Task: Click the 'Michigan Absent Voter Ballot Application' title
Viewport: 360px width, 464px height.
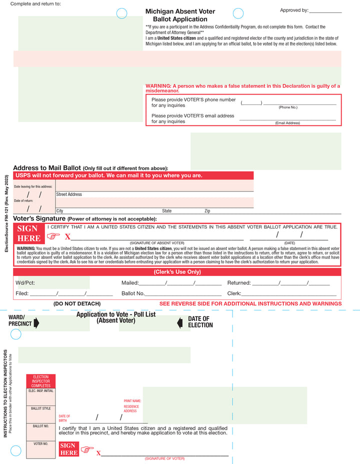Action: [180, 15]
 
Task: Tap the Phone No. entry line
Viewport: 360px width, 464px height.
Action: [299, 104]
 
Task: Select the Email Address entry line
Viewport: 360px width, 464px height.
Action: [287, 120]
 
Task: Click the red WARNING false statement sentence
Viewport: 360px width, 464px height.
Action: [242, 88]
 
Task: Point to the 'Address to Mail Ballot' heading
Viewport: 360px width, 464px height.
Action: [47, 167]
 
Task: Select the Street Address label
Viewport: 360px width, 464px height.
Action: [69, 194]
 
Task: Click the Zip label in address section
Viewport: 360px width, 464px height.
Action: [207, 211]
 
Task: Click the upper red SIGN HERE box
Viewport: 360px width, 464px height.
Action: [28, 233]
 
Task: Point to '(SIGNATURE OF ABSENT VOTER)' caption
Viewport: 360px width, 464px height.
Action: [157, 242]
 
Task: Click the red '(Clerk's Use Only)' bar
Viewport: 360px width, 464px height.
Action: [177, 272]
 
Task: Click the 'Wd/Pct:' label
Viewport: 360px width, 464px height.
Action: [25, 283]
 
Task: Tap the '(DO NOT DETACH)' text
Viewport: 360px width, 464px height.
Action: [77, 304]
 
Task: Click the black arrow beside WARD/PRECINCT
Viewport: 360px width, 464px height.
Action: [36, 323]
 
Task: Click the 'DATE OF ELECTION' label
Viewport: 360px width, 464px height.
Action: [200, 322]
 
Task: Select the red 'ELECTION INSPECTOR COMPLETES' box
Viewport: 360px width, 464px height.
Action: [40, 381]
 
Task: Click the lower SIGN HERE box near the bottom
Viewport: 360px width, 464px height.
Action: [68, 449]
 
